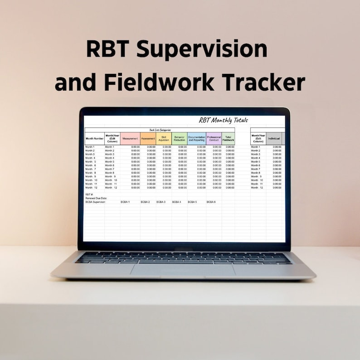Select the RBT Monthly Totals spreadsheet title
pos(224,120)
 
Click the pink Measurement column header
pos(130,139)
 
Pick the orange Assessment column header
pos(148,139)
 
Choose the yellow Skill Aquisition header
pos(164,139)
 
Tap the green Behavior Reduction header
pos(180,139)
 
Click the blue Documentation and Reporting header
pos(196,139)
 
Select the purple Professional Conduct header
pos(214,139)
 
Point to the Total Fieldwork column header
pos(229,139)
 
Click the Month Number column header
pos(94,139)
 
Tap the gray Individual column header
pos(273,139)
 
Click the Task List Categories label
pos(160,130)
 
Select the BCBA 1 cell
pos(125,202)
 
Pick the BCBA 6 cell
pos(211,202)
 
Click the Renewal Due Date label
pos(96,198)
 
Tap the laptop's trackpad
pos(183,271)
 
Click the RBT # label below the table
pos(89,195)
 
